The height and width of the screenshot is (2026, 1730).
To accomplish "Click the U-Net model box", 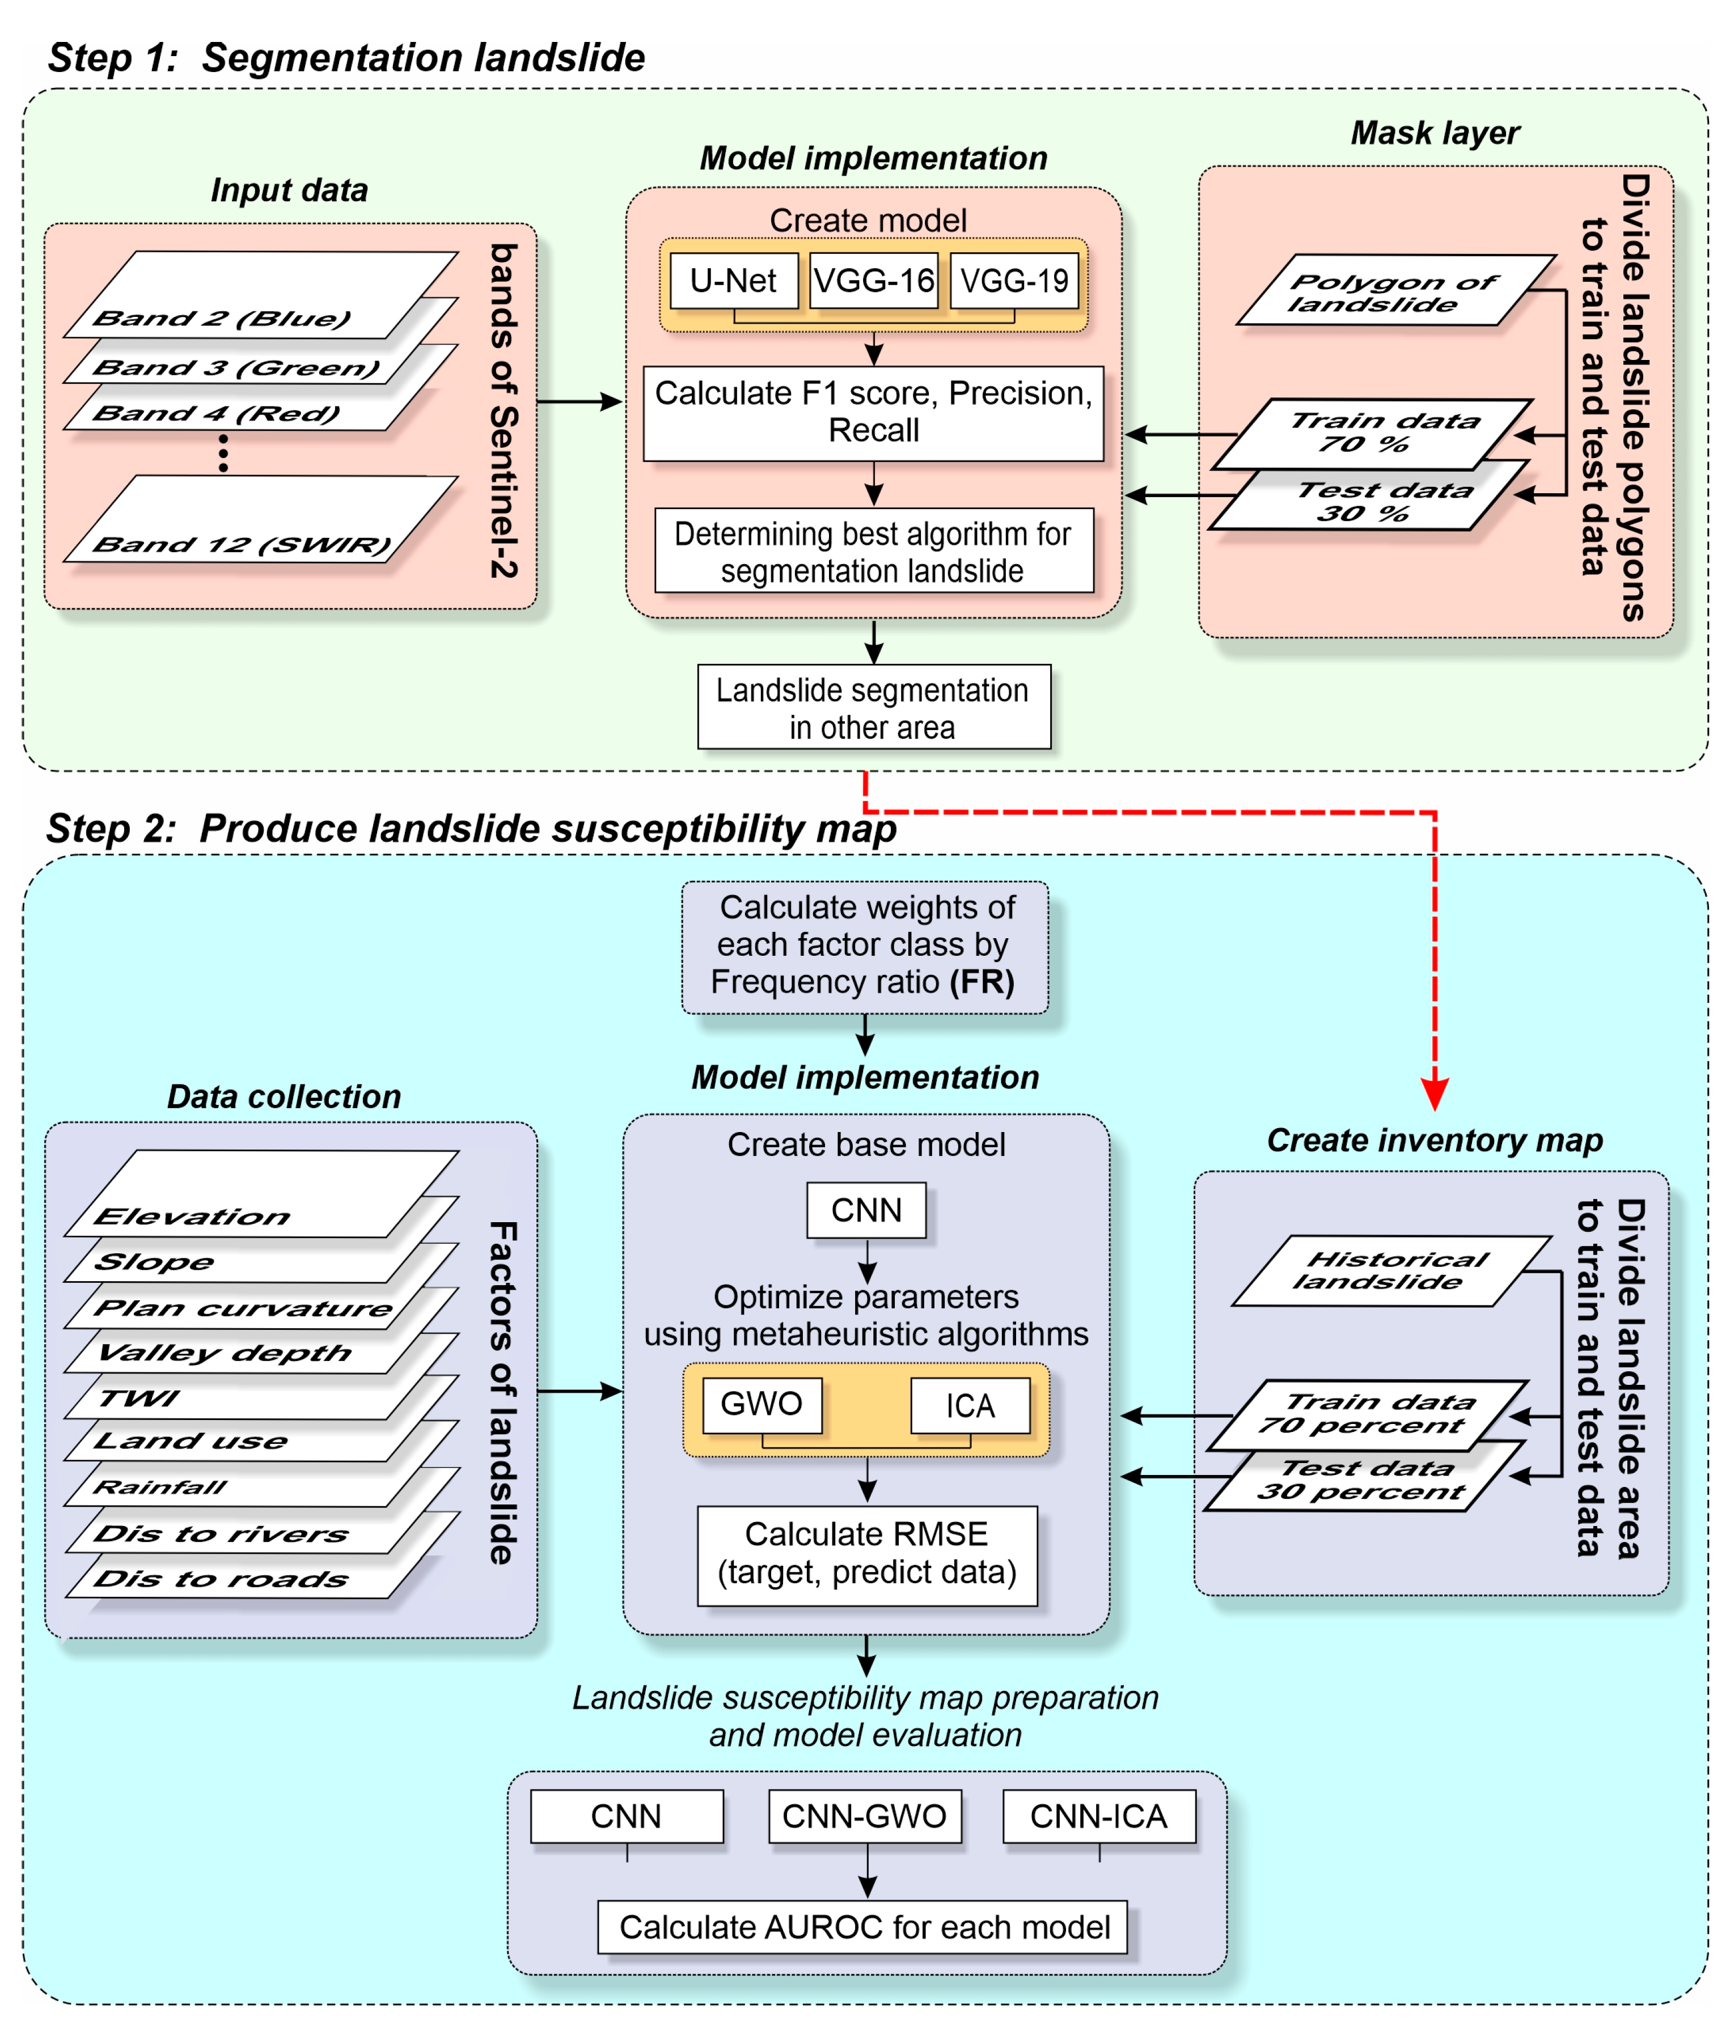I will click(734, 281).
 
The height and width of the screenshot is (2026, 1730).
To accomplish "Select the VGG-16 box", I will click(873, 281).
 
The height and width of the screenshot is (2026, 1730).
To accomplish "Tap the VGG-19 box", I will click(1014, 281).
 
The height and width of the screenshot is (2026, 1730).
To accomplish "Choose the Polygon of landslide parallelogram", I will click(1394, 291).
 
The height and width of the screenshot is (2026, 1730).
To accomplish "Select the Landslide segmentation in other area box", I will click(873, 707).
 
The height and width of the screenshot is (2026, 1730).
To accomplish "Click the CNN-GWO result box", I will click(865, 1816).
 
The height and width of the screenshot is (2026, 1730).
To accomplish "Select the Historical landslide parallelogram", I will click(1389, 1271).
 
